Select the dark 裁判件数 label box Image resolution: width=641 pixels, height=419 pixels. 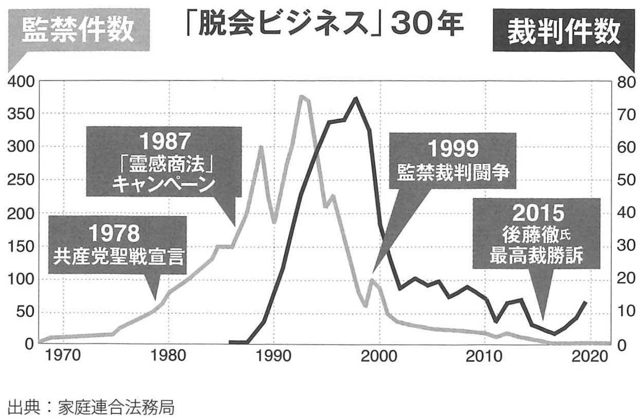point(563,32)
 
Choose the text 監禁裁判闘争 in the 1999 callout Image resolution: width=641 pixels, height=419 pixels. point(453,173)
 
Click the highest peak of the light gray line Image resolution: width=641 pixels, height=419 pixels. point(301,96)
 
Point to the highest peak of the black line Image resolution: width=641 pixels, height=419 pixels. point(355,98)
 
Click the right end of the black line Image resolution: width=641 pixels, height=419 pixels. point(586,302)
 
